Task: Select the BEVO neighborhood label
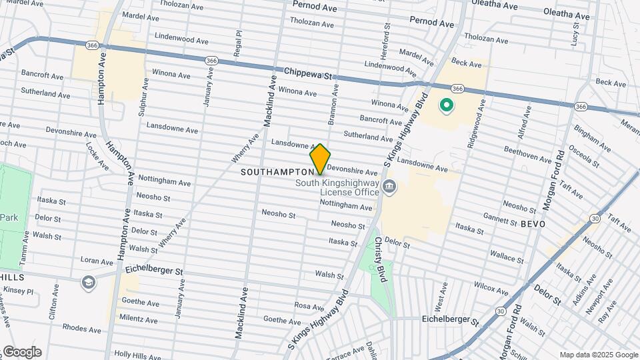pyautogui.click(x=533, y=224)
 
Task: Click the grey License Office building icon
pyautogui.click(x=390, y=187)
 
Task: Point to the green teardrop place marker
pyautogui.click(x=446, y=105)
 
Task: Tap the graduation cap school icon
pyautogui.click(x=88, y=283)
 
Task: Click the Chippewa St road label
pyautogui.click(x=307, y=72)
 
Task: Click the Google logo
pyautogui.click(x=22, y=352)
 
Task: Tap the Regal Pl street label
pyautogui.click(x=237, y=43)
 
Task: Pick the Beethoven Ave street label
pyautogui.click(x=527, y=155)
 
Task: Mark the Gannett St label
pyautogui.click(x=500, y=219)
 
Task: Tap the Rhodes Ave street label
pyautogui.click(x=81, y=329)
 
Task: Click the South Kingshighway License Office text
pyautogui.click(x=337, y=187)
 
